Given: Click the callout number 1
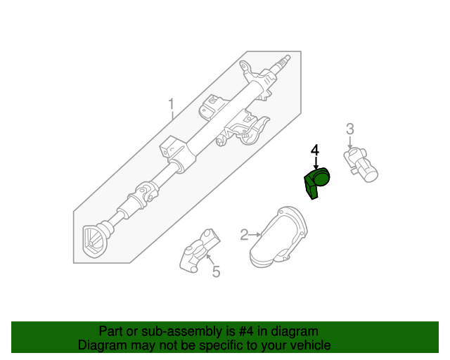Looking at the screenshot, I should click(x=171, y=107).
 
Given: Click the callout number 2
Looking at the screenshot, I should click(x=244, y=235).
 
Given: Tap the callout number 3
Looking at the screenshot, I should click(x=349, y=129).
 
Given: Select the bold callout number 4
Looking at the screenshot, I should click(x=315, y=150).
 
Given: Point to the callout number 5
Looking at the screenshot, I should click(x=216, y=271).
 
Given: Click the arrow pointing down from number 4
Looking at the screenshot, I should click(x=316, y=165).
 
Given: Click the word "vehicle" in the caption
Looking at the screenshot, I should click(x=310, y=345).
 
